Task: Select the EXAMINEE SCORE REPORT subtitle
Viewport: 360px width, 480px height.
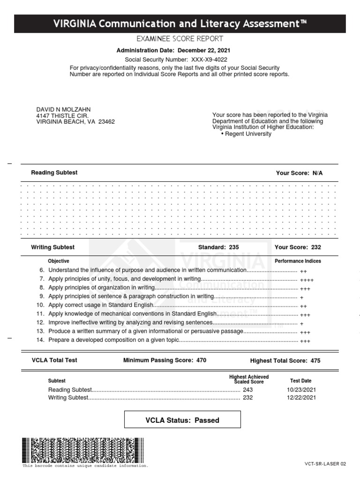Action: coord(180,39)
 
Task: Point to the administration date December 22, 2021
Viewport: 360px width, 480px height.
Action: coord(205,50)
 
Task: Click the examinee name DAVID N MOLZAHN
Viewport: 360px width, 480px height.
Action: coord(63,109)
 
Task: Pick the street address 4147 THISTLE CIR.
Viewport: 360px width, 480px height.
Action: coord(62,115)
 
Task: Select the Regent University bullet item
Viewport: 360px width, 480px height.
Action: coord(248,134)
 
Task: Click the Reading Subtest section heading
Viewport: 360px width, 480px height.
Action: coord(54,172)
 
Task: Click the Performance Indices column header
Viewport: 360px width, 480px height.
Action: coord(298,261)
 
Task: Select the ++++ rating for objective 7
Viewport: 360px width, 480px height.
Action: coord(307,279)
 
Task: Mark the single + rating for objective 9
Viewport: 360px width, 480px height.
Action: coord(301,297)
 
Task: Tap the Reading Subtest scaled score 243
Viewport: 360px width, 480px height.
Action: coord(247,390)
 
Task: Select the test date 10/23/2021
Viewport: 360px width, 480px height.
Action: coord(301,390)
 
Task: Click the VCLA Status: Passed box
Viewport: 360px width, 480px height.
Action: coord(182,420)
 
